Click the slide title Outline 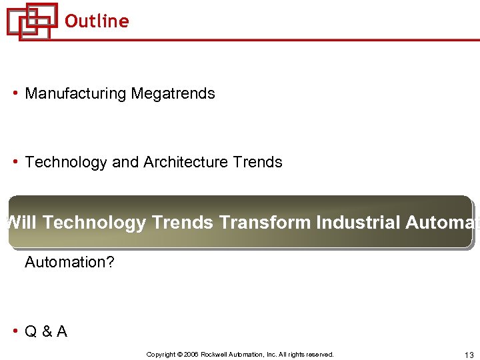[97, 21]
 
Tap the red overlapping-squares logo [31, 21]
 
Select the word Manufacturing [75, 94]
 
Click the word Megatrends [173, 94]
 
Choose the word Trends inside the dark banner [182, 222]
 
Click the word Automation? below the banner [69, 263]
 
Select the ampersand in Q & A [46, 332]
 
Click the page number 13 [467, 355]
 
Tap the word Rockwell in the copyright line [216, 355]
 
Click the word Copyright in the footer [161, 355]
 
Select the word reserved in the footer [319, 355]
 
